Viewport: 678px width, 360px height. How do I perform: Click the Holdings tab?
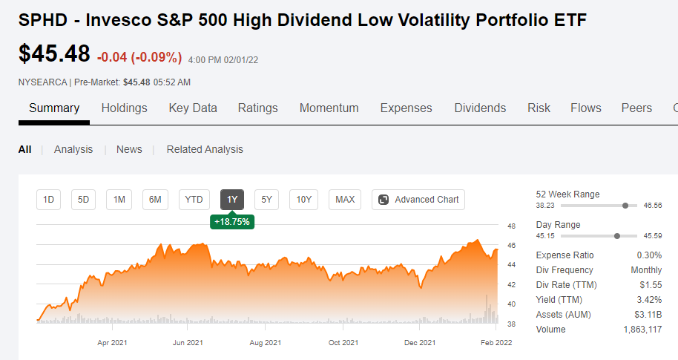124,108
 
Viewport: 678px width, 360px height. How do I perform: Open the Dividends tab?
480,108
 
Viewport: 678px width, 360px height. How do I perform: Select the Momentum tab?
329,108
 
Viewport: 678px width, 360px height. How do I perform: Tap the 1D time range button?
48,200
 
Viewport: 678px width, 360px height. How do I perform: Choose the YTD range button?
194,200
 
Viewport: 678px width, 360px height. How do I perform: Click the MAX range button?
345,200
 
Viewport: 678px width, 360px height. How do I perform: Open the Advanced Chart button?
418,200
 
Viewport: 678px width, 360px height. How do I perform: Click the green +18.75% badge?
232,221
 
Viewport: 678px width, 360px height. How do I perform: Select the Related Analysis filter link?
205,149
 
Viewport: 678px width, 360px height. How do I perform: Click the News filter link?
129,149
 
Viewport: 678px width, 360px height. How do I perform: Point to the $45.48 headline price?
54,53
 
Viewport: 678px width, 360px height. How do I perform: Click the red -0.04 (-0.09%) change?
139,57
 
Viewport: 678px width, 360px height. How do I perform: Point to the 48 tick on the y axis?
512,226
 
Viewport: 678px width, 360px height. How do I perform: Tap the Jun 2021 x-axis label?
188,343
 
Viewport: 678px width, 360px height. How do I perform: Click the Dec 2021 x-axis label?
420,343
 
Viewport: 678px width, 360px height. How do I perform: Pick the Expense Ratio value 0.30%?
649,255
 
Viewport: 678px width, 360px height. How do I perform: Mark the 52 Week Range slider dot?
625,206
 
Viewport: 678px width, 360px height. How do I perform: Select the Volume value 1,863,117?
642,330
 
